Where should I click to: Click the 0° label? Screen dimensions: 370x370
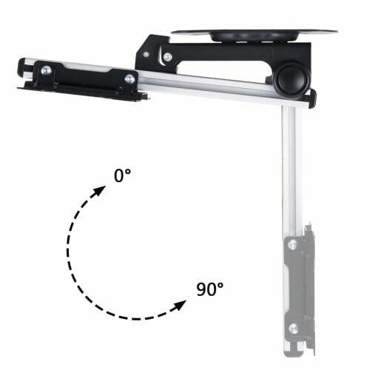click(x=122, y=175)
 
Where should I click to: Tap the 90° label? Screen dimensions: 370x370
click(x=210, y=289)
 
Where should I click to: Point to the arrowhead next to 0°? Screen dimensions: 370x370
click(x=100, y=191)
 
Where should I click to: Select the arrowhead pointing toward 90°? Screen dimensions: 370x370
click(x=179, y=306)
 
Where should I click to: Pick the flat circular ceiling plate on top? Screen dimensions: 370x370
click(x=254, y=32)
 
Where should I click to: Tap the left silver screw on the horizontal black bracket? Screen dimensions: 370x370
click(x=46, y=70)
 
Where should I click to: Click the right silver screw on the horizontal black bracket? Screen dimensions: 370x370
click(x=129, y=79)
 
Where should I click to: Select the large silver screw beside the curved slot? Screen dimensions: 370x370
click(x=168, y=57)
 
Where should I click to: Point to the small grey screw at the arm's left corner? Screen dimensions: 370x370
click(x=147, y=54)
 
